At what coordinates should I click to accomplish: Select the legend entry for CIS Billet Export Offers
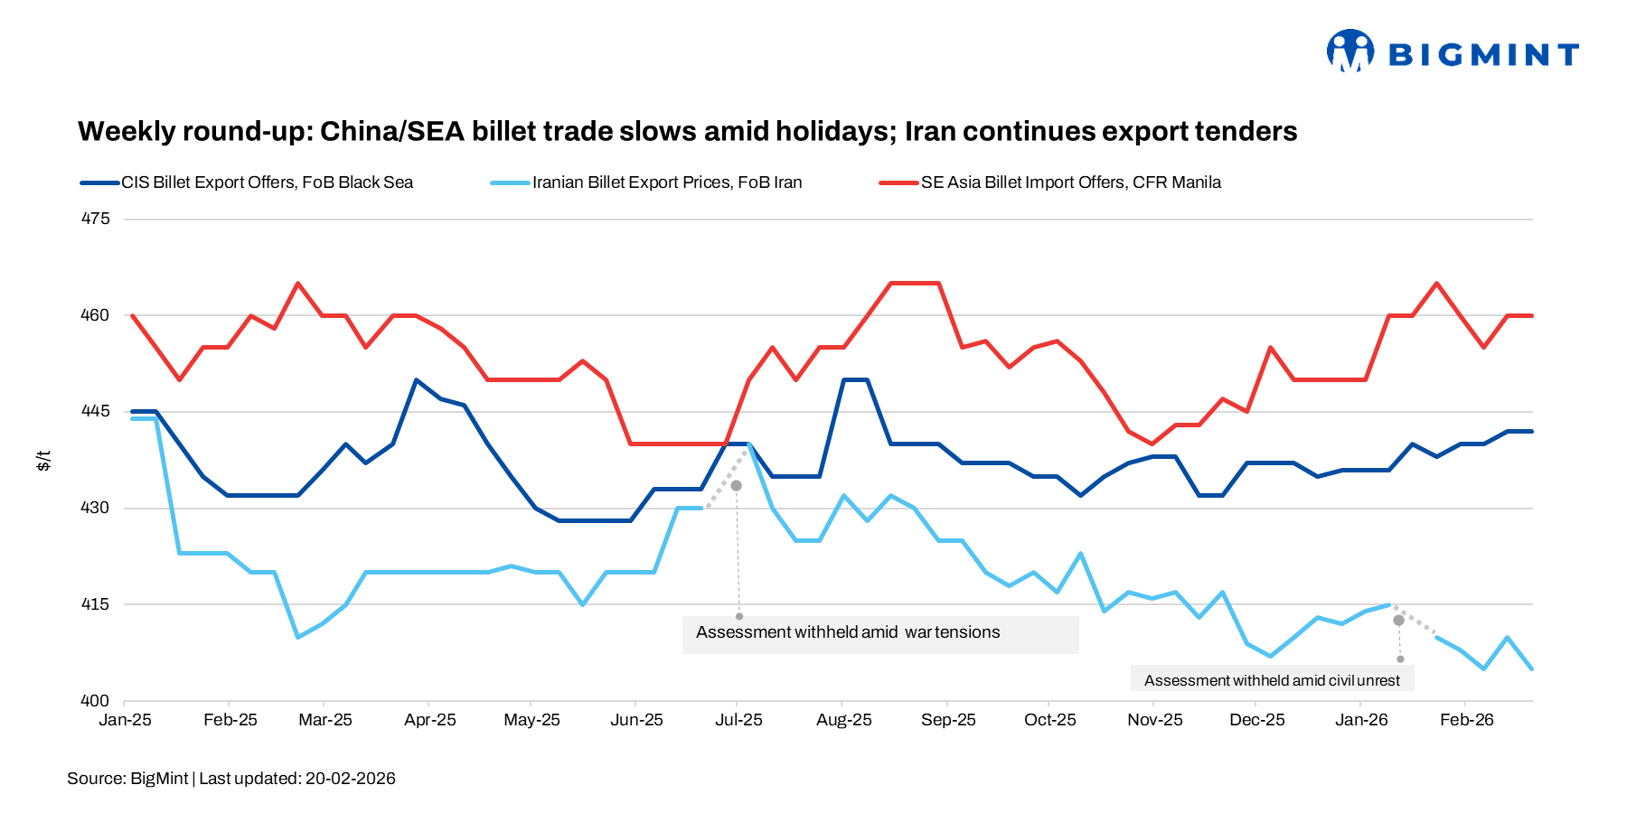[x=267, y=182]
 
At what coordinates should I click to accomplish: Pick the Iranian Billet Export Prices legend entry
[x=666, y=182]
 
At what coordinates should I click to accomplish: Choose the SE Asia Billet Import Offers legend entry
[x=1070, y=182]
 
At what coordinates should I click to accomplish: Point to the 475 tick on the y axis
[x=95, y=219]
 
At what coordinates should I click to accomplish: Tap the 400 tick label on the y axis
[x=95, y=701]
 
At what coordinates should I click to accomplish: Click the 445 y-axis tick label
[x=95, y=412]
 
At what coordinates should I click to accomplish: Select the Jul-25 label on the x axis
[x=738, y=720]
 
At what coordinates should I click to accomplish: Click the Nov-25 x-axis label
[x=1154, y=720]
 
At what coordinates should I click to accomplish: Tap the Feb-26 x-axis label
[x=1466, y=720]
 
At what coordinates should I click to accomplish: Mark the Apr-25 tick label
[x=429, y=720]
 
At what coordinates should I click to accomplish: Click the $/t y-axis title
[x=43, y=461]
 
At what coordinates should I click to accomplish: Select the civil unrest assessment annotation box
[x=1272, y=680]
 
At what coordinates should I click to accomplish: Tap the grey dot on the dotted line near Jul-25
[x=736, y=486]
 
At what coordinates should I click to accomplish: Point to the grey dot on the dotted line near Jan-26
[x=1398, y=621]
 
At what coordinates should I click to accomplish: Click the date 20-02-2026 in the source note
[x=350, y=779]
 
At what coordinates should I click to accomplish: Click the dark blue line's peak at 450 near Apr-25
[x=416, y=380]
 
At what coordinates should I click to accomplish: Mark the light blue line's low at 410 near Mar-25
[x=297, y=637]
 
